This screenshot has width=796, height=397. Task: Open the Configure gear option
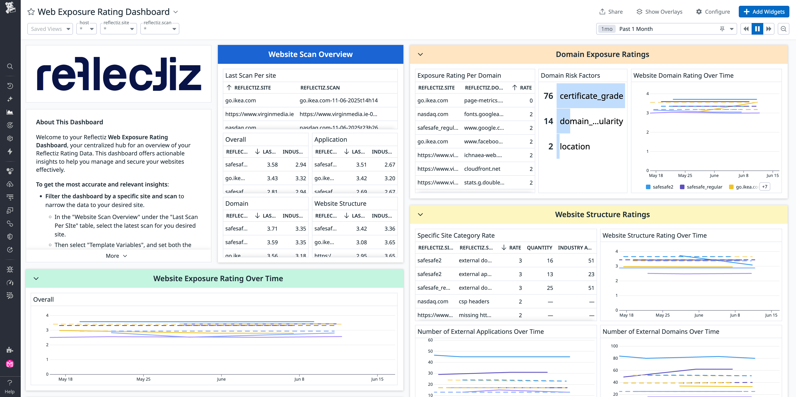(713, 12)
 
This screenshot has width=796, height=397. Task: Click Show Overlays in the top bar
(659, 12)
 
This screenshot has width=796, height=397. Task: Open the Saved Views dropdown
(50, 29)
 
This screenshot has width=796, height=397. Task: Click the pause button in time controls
(757, 29)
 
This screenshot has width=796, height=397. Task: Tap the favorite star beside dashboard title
(31, 12)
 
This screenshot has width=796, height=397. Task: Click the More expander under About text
(116, 256)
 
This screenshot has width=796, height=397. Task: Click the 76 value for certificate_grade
(548, 96)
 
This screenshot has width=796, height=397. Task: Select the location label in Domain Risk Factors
(575, 146)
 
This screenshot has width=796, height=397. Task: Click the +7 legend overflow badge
(764, 187)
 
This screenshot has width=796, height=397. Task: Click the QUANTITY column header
(539, 247)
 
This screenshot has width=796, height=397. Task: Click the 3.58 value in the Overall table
(272, 164)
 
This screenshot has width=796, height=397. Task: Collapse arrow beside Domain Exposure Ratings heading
(420, 54)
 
